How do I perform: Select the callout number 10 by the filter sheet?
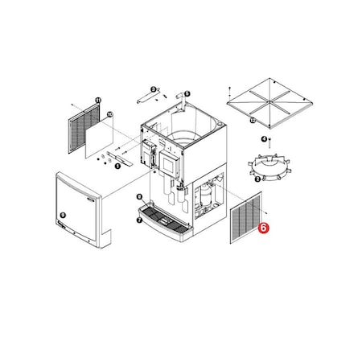click(x=109, y=115)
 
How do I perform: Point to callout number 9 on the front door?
click(x=63, y=216)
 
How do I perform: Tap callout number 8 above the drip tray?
click(x=139, y=197)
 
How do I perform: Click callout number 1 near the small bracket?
click(x=117, y=166)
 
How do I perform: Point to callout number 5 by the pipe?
click(x=187, y=94)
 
